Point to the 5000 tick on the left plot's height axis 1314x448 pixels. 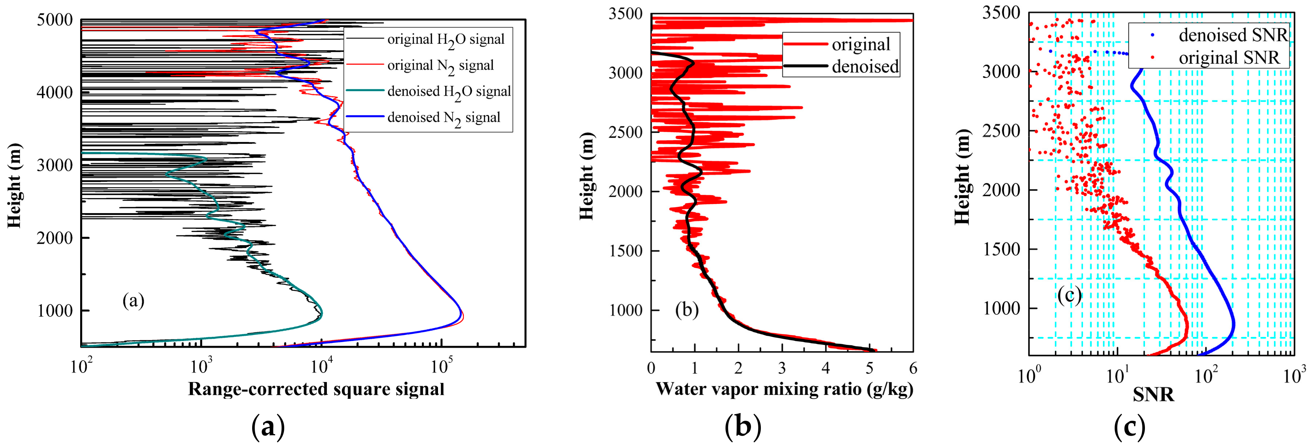[55, 20]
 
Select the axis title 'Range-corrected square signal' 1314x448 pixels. [316, 389]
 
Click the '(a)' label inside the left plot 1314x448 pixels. [134, 301]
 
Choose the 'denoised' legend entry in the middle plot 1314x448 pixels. [865, 67]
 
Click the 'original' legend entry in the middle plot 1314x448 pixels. [861, 45]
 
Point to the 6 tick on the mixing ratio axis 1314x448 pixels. [912, 368]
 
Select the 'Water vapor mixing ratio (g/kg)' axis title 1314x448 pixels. [784, 389]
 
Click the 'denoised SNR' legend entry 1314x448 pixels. [1233, 35]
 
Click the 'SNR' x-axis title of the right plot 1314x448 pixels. [1153, 394]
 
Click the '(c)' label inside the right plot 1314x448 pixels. [1069, 296]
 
